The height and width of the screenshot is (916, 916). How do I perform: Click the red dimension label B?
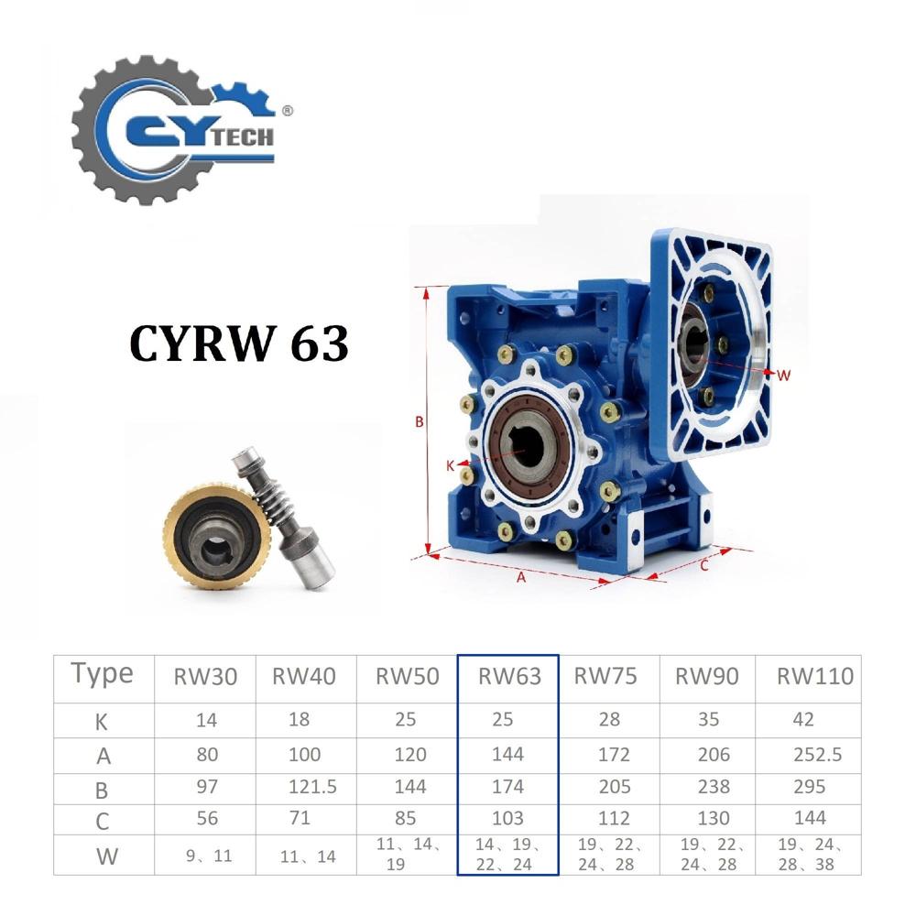tap(419, 422)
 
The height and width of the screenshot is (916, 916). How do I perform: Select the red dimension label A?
tap(521, 577)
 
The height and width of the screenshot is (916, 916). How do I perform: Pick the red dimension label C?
tap(703, 565)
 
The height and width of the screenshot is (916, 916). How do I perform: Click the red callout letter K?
tap(450, 465)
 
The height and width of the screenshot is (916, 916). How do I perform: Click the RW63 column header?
tap(508, 676)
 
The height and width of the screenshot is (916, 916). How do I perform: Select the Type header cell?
tap(103, 674)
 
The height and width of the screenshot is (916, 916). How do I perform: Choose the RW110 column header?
tap(814, 676)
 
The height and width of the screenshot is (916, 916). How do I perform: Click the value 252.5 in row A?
tap(816, 755)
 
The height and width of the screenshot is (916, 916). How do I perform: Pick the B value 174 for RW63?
tap(507, 787)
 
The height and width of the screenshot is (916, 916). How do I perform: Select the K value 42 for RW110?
tap(803, 720)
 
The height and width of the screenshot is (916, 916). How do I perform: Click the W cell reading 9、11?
tap(205, 856)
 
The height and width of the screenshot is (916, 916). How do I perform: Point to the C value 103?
tap(507, 818)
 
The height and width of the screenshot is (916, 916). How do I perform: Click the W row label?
tap(103, 856)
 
